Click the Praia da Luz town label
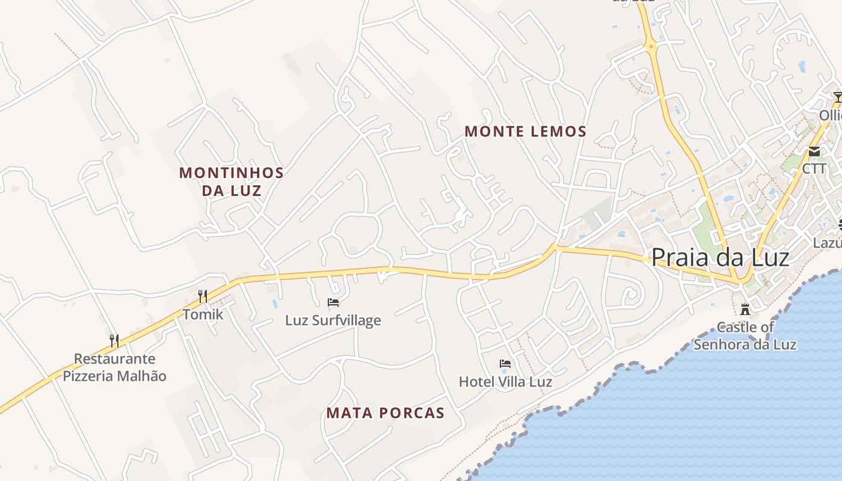tap(720, 257)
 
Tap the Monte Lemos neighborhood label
tap(526, 131)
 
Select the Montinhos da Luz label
tap(232, 182)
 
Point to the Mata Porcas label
tap(386, 413)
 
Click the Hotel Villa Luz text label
tap(505, 382)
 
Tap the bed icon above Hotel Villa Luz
tap(505, 364)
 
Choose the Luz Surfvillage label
tap(333, 320)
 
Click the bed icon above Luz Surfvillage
tap(333, 302)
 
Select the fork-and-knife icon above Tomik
tap(203, 296)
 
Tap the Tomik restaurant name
tap(203, 314)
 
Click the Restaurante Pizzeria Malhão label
tap(114, 367)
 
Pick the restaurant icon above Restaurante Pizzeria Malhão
tap(114, 341)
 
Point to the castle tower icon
tap(745, 309)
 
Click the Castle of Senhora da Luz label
tap(745, 336)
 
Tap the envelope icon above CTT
tap(814, 151)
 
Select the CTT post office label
tap(814, 169)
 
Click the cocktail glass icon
tap(838, 97)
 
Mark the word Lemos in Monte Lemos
tap(556, 131)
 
